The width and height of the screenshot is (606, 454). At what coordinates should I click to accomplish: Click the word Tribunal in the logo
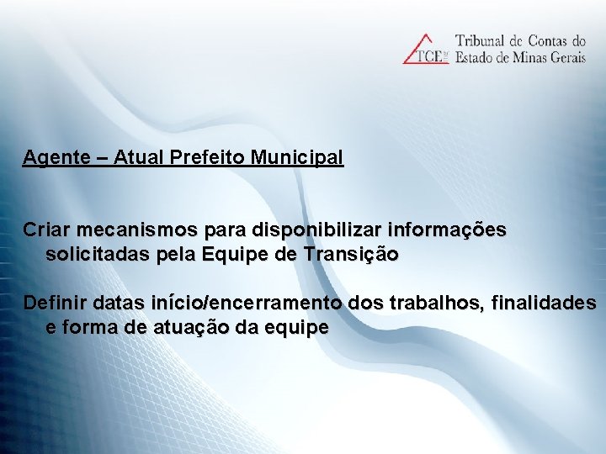(x=482, y=40)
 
